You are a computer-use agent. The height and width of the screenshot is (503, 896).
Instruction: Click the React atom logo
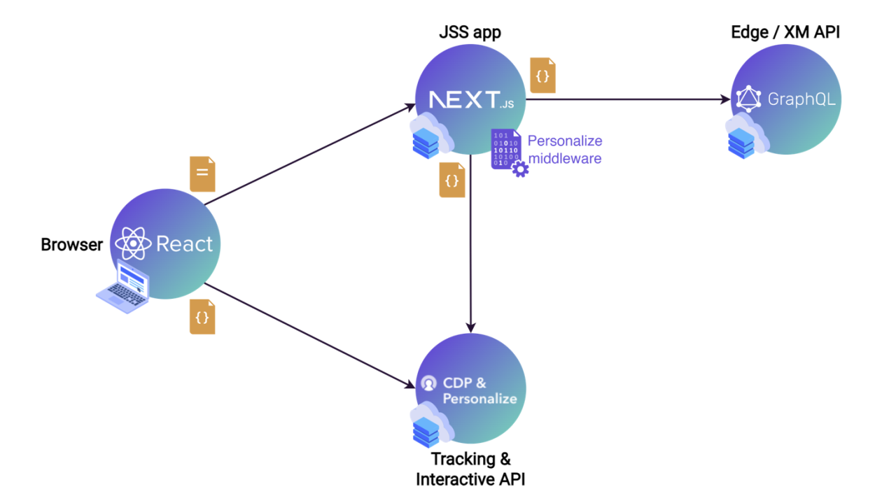[x=133, y=244]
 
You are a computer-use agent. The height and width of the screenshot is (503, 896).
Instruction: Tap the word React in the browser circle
[x=184, y=244]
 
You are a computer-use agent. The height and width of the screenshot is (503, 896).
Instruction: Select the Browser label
[x=71, y=245]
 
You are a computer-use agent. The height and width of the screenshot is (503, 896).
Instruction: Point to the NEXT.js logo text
[x=471, y=100]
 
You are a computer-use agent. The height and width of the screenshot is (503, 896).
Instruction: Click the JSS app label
[x=470, y=33]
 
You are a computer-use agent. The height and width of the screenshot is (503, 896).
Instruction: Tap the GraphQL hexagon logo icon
[x=748, y=99]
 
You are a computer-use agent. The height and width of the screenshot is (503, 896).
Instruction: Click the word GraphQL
[x=801, y=99]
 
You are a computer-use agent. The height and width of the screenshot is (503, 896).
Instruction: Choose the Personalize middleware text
[x=565, y=149]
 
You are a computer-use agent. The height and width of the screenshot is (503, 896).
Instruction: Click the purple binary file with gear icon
[x=508, y=152]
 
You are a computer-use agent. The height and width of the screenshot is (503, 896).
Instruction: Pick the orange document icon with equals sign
[x=202, y=174]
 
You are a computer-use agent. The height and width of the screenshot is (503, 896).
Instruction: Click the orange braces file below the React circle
[x=202, y=317]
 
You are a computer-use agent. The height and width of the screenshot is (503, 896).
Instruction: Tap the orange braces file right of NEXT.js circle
[x=542, y=76]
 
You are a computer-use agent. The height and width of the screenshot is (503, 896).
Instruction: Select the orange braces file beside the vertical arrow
[x=452, y=180]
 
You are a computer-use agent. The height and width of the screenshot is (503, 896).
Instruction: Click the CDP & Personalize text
[x=479, y=391]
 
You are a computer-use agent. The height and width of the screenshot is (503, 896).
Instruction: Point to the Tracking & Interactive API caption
[x=470, y=469]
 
